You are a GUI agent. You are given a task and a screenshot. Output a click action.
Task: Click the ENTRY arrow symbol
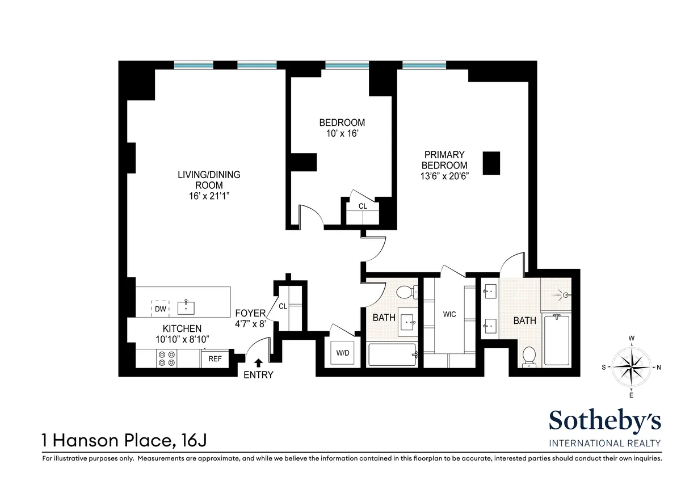click(x=259, y=362)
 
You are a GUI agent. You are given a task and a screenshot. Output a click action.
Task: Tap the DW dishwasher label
click(x=161, y=309)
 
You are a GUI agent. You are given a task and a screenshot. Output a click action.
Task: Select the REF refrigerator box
click(x=215, y=358)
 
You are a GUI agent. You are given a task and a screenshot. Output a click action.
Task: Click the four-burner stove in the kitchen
click(x=167, y=358)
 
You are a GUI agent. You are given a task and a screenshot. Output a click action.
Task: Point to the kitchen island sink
click(x=186, y=308)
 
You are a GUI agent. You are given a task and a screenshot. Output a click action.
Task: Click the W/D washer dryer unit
click(x=343, y=353)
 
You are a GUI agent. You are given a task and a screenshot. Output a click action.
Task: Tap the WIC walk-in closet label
click(x=450, y=314)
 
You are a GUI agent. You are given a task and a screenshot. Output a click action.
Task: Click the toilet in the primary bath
click(x=528, y=356)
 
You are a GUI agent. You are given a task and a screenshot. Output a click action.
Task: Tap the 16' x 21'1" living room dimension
click(x=208, y=196)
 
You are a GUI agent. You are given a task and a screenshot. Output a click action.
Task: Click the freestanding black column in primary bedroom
click(x=491, y=163)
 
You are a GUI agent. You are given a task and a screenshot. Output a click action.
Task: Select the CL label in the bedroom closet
click(x=363, y=206)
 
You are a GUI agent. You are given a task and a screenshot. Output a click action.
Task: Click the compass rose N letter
click(x=659, y=367)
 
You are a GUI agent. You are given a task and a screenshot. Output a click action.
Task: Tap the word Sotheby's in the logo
click(x=604, y=421)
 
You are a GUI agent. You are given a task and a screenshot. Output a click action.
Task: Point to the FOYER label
click(x=250, y=313)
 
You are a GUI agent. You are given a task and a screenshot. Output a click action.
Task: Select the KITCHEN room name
click(x=182, y=328)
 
